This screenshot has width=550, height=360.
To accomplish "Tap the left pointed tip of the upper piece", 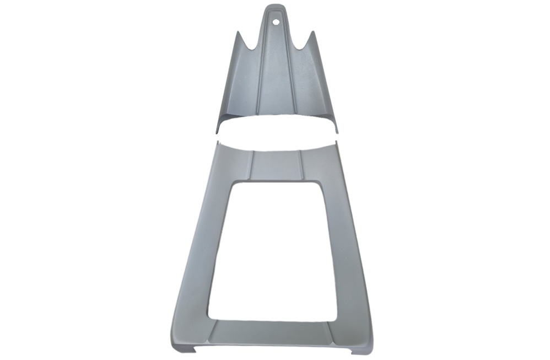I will (239, 33).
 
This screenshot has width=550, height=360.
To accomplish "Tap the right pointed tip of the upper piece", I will (312, 33).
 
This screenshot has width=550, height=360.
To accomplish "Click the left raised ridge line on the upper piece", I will (259, 83).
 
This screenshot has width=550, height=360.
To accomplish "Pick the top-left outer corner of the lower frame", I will (218, 142).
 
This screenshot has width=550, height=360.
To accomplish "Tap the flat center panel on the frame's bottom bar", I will (272, 334).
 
